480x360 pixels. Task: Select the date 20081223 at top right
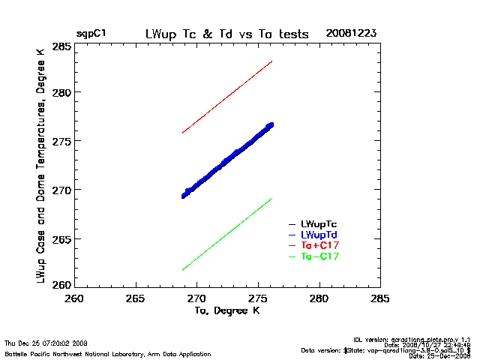pyautogui.click(x=350, y=34)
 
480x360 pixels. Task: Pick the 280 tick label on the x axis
pyautogui.click(x=319, y=298)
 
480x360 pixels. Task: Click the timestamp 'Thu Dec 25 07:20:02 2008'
pyautogui.click(x=46, y=342)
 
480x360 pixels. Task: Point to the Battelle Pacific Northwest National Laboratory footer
pyautogui.click(x=108, y=353)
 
